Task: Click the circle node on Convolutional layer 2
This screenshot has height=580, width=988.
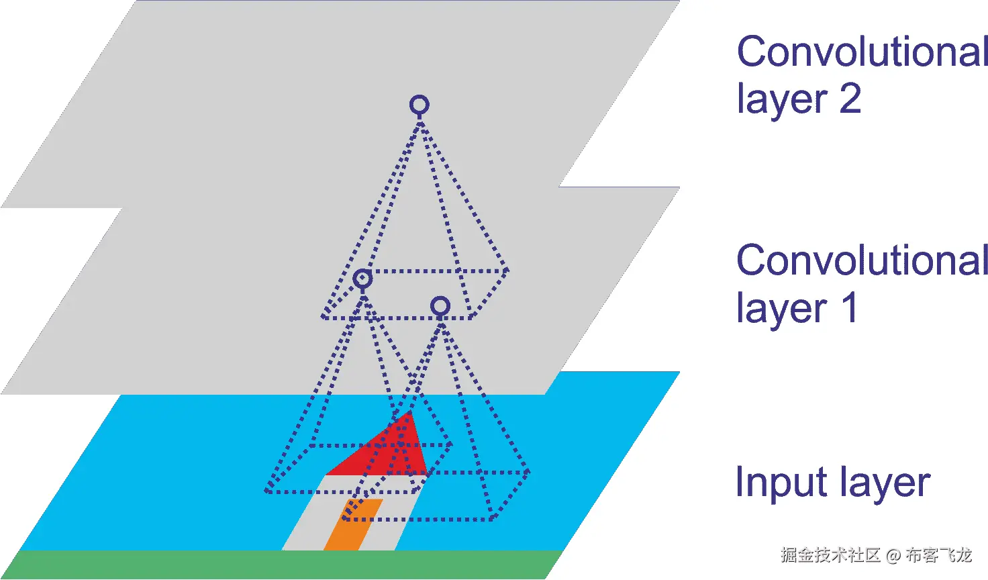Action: click(419, 105)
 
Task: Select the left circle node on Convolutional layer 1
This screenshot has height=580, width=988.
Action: click(362, 279)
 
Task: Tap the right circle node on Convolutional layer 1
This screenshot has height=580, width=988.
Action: click(440, 307)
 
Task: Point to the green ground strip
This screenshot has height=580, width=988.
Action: click(282, 565)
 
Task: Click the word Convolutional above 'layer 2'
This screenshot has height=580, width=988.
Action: click(862, 52)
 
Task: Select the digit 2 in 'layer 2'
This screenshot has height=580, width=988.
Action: click(850, 99)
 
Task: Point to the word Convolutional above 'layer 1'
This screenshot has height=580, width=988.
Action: click(862, 260)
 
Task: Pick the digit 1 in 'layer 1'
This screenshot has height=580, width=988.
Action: click(849, 308)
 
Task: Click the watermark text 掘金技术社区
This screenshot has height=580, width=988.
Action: click(830, 555)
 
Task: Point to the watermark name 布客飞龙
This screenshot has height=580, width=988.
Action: click(938, 555)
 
